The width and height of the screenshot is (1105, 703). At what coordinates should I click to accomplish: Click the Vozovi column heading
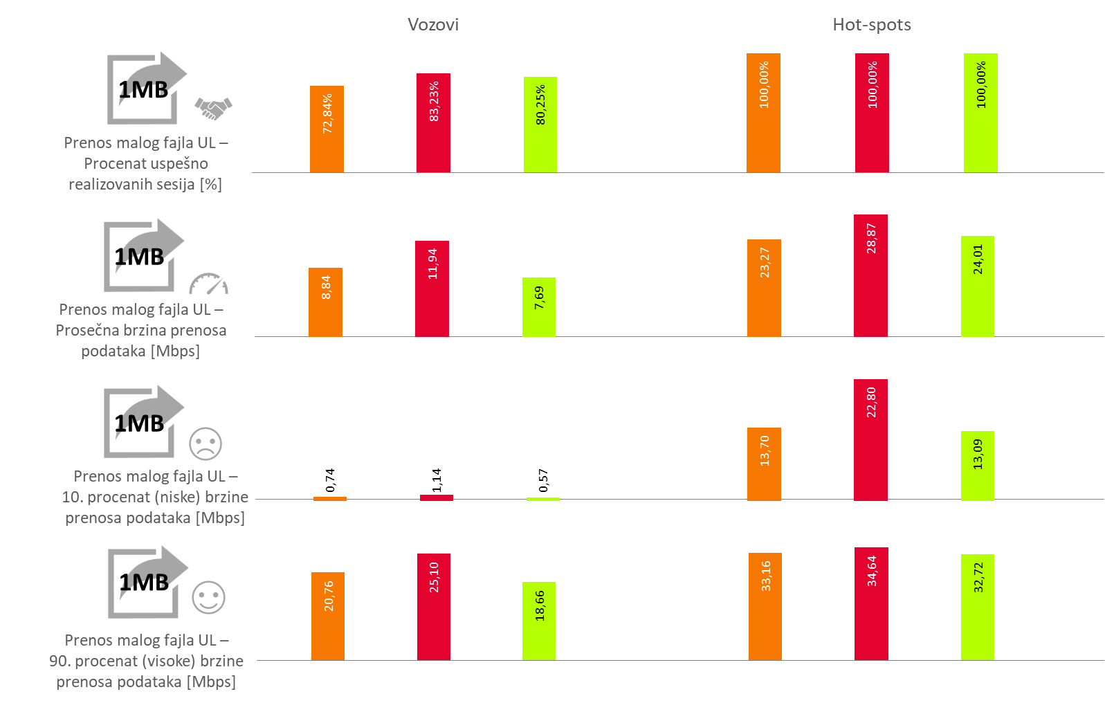(432, 25)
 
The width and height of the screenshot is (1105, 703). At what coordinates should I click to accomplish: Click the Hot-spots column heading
(871, 25)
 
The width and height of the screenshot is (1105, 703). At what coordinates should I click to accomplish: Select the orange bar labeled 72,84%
(327, 129)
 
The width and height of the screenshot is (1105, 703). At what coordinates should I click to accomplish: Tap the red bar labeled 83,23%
(433, 123)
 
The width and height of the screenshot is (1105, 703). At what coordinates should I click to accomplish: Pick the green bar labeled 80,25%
(540, 125)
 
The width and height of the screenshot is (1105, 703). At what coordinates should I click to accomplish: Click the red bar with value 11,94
(432, 289)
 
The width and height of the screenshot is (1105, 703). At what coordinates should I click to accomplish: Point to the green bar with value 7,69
(538, 307)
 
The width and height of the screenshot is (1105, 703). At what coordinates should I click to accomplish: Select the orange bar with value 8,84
(325, 302)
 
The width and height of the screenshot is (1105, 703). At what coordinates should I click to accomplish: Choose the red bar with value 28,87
(870, 275)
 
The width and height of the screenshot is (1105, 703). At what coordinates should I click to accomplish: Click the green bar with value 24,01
(977, 286)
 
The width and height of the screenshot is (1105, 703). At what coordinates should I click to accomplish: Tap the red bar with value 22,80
(870, 439)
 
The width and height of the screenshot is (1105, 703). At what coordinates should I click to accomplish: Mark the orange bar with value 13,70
(764, 464)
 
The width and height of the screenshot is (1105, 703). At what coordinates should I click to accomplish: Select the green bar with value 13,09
(977, 466)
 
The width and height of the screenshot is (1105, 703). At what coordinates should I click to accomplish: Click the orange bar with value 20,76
(328, 616)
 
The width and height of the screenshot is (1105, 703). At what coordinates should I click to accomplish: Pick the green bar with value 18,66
(538, 621)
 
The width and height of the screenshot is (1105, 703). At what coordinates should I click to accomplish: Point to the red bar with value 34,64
(871, 603)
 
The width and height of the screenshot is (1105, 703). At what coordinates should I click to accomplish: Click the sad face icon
(206, 444)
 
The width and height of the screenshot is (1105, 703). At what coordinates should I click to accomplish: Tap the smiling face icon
(208, 597)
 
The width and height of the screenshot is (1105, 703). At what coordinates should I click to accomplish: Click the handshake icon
(213, 108)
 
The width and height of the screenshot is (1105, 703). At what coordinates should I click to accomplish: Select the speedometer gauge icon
(208, 284)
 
